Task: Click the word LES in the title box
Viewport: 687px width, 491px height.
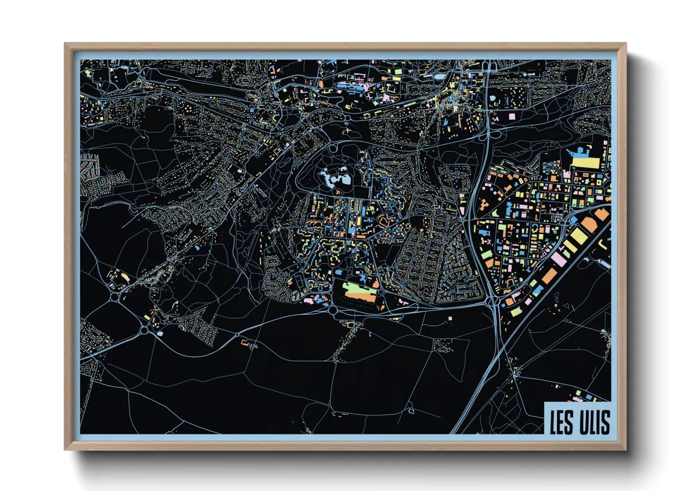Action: click(x=561, y=422)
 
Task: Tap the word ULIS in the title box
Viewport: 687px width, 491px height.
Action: click(x=595, y=422)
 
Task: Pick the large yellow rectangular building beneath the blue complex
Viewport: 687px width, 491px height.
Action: click(x=586, y=163)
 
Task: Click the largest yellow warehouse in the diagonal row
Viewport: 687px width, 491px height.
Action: click(x=579, y=236)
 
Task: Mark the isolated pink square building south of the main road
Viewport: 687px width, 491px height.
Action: click(x=450, y=318)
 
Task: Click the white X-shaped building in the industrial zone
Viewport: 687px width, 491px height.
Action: click(x=488, y=242)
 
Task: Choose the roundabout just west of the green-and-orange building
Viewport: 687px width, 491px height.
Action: click(x=333, y=310)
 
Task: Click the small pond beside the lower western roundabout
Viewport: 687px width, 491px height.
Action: click(x=160, y=333)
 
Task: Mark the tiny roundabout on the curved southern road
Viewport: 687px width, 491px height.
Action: click(x=237, y=335)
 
